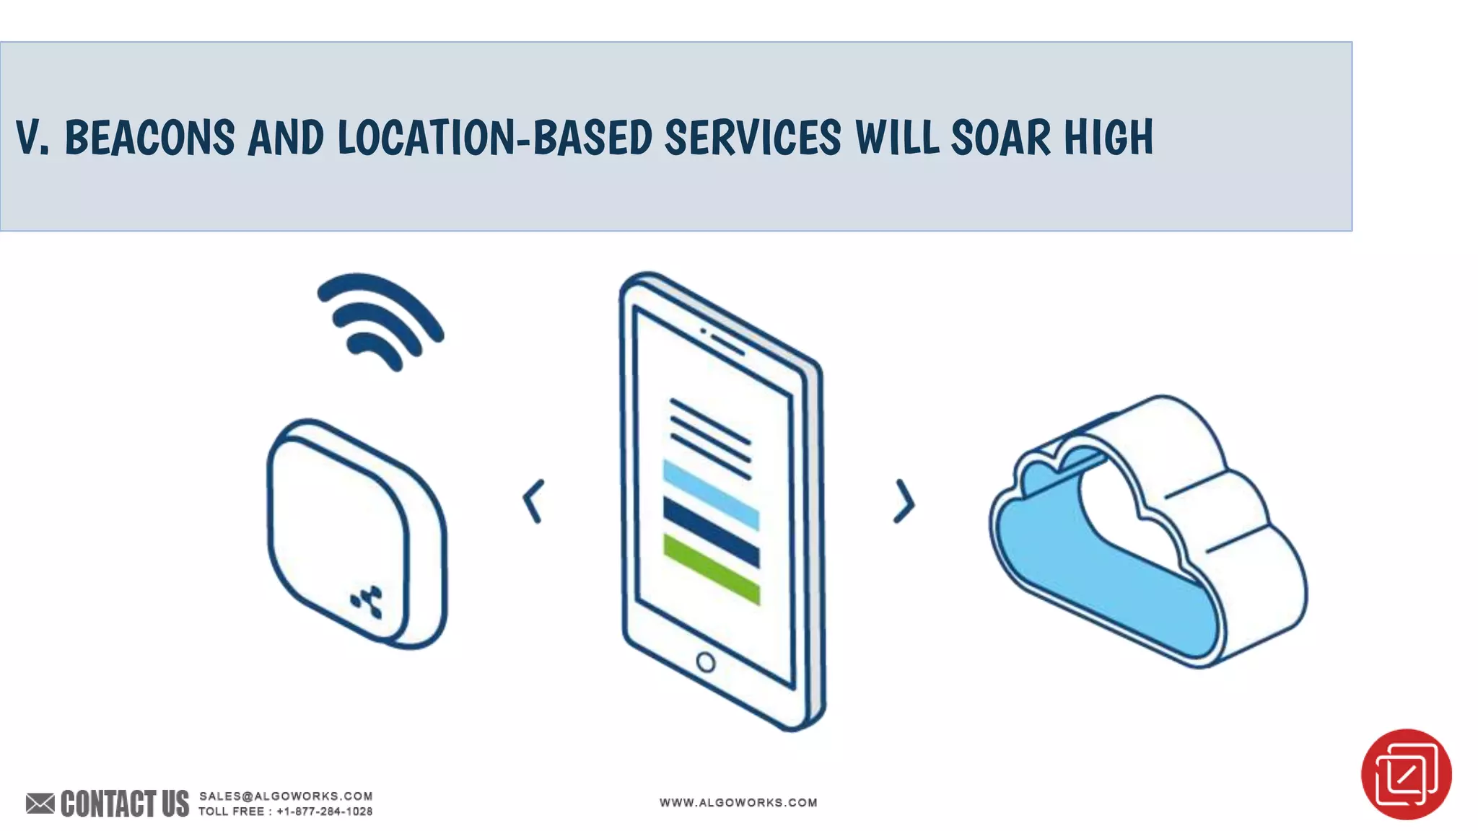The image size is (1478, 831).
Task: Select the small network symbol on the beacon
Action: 367,602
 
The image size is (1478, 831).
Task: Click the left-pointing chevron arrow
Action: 533,501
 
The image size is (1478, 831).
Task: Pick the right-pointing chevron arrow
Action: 904,501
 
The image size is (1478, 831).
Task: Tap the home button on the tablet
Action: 705,662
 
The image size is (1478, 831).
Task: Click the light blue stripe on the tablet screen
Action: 711,495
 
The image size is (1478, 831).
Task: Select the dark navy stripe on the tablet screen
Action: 711,531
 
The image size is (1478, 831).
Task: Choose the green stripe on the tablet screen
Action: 711,568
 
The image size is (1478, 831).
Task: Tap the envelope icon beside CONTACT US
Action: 40,803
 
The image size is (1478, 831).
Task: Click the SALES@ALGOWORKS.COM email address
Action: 286,796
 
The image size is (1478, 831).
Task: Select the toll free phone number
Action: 325,812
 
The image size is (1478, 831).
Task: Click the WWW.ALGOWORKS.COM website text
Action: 738,802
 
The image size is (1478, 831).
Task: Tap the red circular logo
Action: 1406,774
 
